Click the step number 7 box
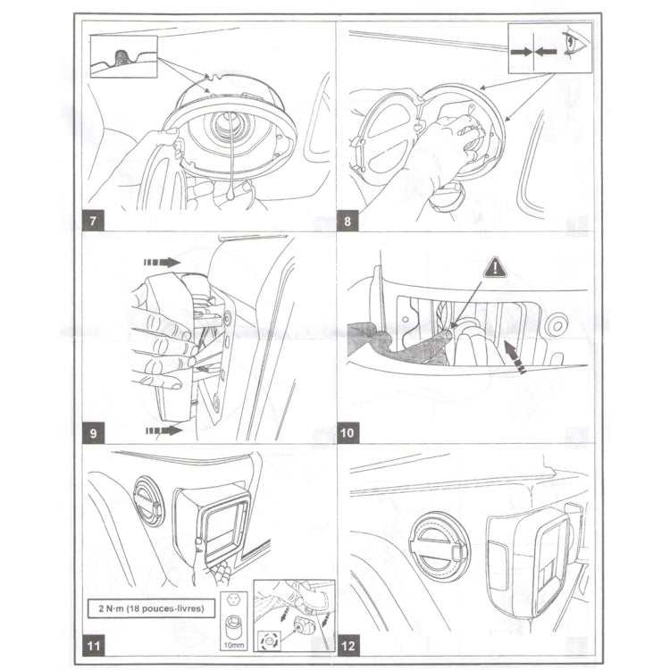tap(93, 221)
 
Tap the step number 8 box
tap(348, 221)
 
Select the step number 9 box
tap(93, 433)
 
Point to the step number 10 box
tap(348, 433)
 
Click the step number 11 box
tap(93, 645)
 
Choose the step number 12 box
tap(348, 645)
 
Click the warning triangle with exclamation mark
tap(495, 268)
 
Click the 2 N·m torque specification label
tap(151, 608)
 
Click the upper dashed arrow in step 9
tap(162, 263)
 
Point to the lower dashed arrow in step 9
tap(164, 431)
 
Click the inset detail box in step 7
tap(124, 57)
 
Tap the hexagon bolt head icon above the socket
tap(233, 599)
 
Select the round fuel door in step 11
tap(149, 501)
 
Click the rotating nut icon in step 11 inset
tap(269, 641)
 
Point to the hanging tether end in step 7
tap(230, 196)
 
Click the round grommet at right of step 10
tap(557, 325)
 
